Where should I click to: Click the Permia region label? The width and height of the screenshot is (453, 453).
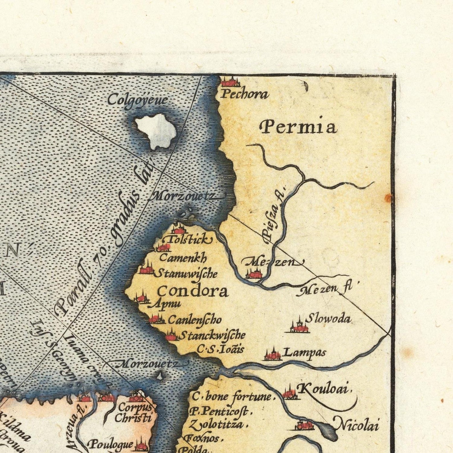(x=298, y=127)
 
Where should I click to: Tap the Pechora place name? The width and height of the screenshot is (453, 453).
(x=244, y=94)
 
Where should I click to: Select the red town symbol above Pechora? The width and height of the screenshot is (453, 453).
(x=230, y=82)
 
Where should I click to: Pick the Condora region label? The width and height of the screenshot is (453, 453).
(x=193, y=292)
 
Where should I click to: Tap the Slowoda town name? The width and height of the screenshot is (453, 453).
(x=328, y=319)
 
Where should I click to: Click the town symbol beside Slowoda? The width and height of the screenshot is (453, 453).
(x=298, y=327)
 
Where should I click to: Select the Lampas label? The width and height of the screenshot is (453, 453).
(x=305, y=353)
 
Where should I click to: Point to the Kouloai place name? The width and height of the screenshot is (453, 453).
(x=322, y=389)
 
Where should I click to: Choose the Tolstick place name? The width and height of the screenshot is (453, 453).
(x=190, y=240)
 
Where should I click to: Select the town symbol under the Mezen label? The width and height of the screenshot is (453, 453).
(x=253, y=274)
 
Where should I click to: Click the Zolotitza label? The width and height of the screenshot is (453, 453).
(x=217, y=425)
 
